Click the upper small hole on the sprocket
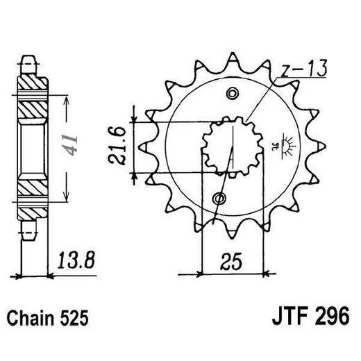pos(233,93)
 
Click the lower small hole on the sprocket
pos(220,199)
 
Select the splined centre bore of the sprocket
pos(226,146)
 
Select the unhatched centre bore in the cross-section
pos(31,146)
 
